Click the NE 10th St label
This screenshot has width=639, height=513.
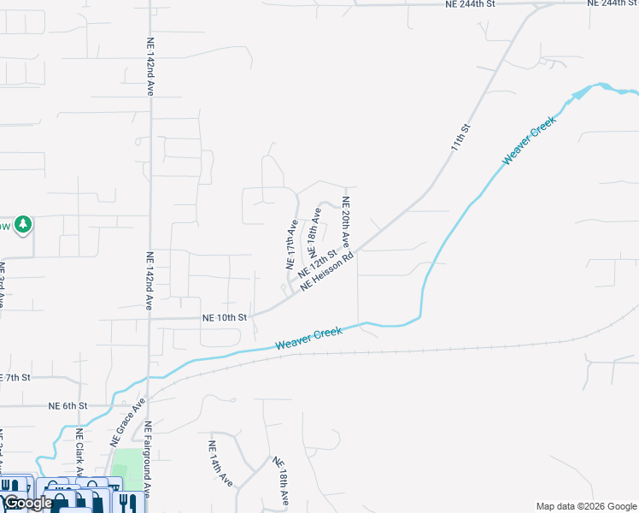pos(224,317)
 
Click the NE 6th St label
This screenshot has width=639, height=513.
pos(67,405)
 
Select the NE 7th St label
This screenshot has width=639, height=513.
pos(15,377)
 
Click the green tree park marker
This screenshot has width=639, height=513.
pos(23,224)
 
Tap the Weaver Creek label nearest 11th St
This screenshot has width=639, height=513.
pos(530,140)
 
